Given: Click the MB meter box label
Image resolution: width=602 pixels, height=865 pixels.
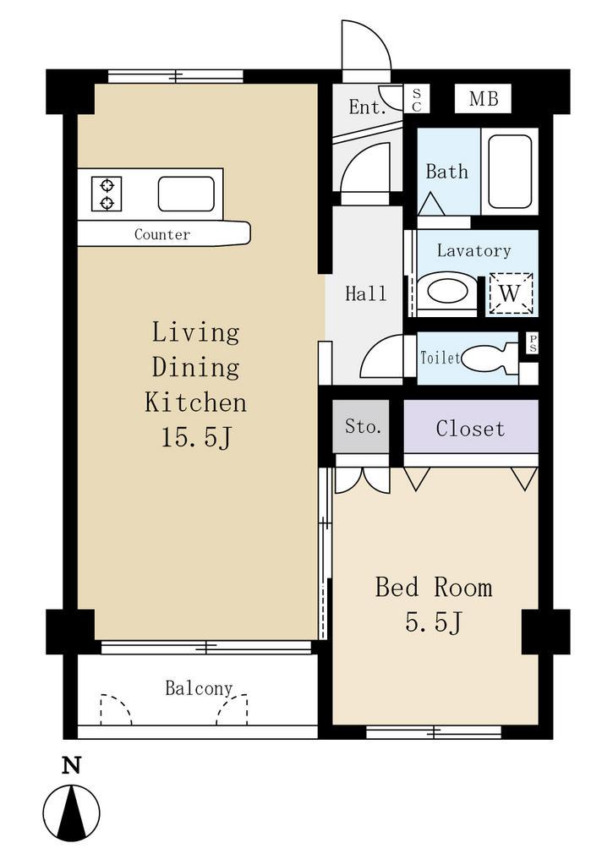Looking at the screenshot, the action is tap(484, 99).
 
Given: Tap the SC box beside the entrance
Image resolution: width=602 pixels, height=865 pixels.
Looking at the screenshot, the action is tap(417, 99).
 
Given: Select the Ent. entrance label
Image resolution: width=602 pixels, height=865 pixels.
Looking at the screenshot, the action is tap(367, 107).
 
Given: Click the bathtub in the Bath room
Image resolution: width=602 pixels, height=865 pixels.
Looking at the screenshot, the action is tap(509, 171).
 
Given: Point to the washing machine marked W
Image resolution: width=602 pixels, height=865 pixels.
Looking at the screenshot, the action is tap(511, 293).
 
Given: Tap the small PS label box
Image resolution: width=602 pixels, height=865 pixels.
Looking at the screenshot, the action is tap(532, 343).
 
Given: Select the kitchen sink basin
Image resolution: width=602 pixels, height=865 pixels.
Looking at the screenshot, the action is tap(186, 194).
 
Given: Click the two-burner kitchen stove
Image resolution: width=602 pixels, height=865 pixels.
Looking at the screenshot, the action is tap(107, 194).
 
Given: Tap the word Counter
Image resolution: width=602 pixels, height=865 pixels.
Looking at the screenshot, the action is tap(162, 234).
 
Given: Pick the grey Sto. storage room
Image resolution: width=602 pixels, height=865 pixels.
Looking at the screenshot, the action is tap(361, 426).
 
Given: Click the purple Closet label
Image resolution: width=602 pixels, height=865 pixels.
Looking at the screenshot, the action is tap(470, 429).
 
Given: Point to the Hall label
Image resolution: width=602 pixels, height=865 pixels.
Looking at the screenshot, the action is tap(365, 293).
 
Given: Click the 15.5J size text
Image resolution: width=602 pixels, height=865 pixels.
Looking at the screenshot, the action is tap(196, 438).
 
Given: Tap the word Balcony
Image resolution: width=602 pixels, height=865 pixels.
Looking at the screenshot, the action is tap(199, 688).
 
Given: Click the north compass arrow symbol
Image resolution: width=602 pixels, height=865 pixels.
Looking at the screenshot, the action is tap(72, 813).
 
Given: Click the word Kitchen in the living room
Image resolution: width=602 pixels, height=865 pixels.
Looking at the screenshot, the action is tap(196, 402).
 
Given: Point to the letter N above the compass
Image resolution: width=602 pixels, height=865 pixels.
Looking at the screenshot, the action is tap(72, 765).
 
